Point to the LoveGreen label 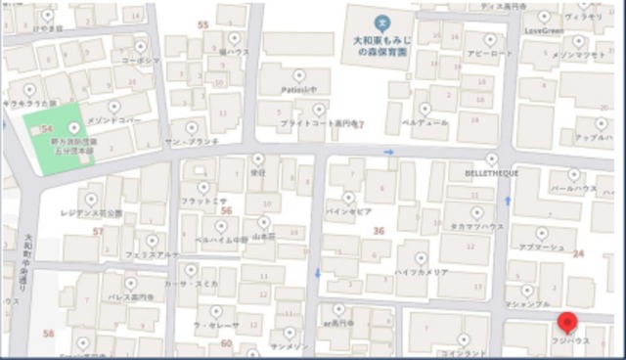[545, 30]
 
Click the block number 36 [379, 231]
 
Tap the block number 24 [578, 253]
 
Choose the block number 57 [98, 231]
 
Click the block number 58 [49, 333]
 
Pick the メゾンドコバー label [114, 119]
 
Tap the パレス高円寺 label [131, 296]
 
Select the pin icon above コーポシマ [141, 44]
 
